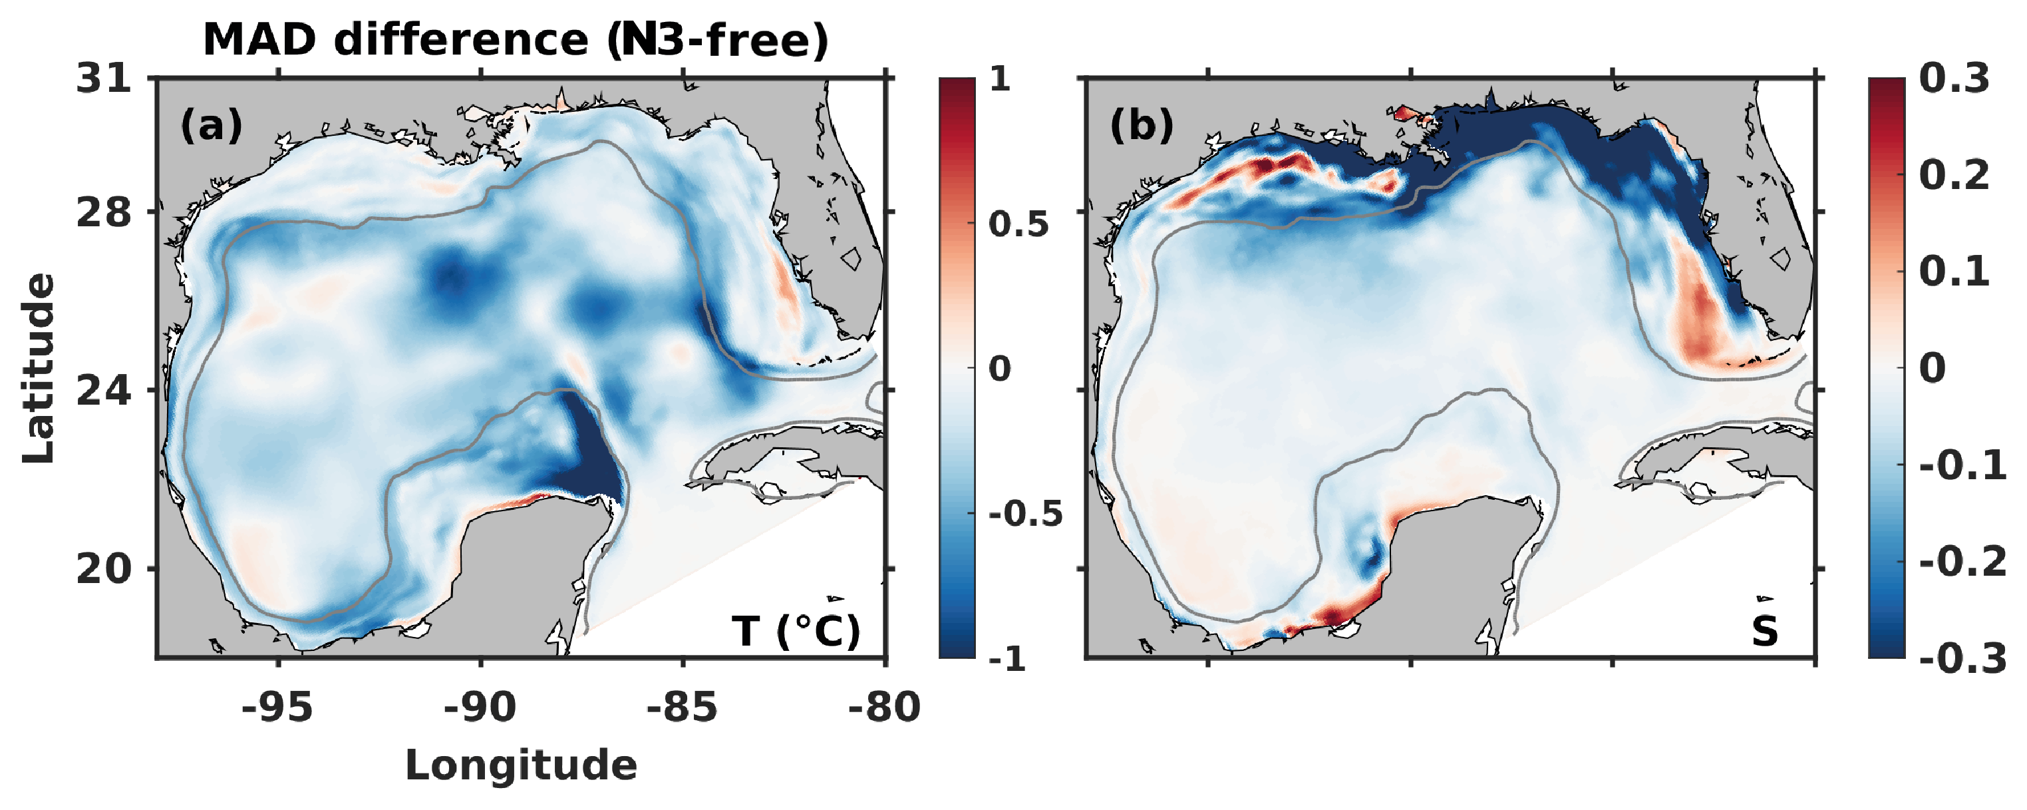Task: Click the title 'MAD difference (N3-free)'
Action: [x=516, y=39]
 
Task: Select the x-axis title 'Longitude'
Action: [x=521, y=765]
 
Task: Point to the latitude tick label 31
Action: [x=104, y=79]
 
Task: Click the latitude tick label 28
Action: [x=104, y=212]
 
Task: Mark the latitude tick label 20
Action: [x=104, y=568]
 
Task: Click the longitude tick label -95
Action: [x=277, y=707]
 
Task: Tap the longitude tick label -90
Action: [x=480, y=707]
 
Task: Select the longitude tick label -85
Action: [x=683, y=707]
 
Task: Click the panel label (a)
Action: [x=211, y=124]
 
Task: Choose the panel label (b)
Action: [x=1141, y=124]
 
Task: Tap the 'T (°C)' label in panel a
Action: [x=796, y=630]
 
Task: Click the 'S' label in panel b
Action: [x=1764, y=630]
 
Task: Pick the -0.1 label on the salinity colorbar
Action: [x=1962, y=465]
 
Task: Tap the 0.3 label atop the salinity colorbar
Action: [x=1954, y=79]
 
